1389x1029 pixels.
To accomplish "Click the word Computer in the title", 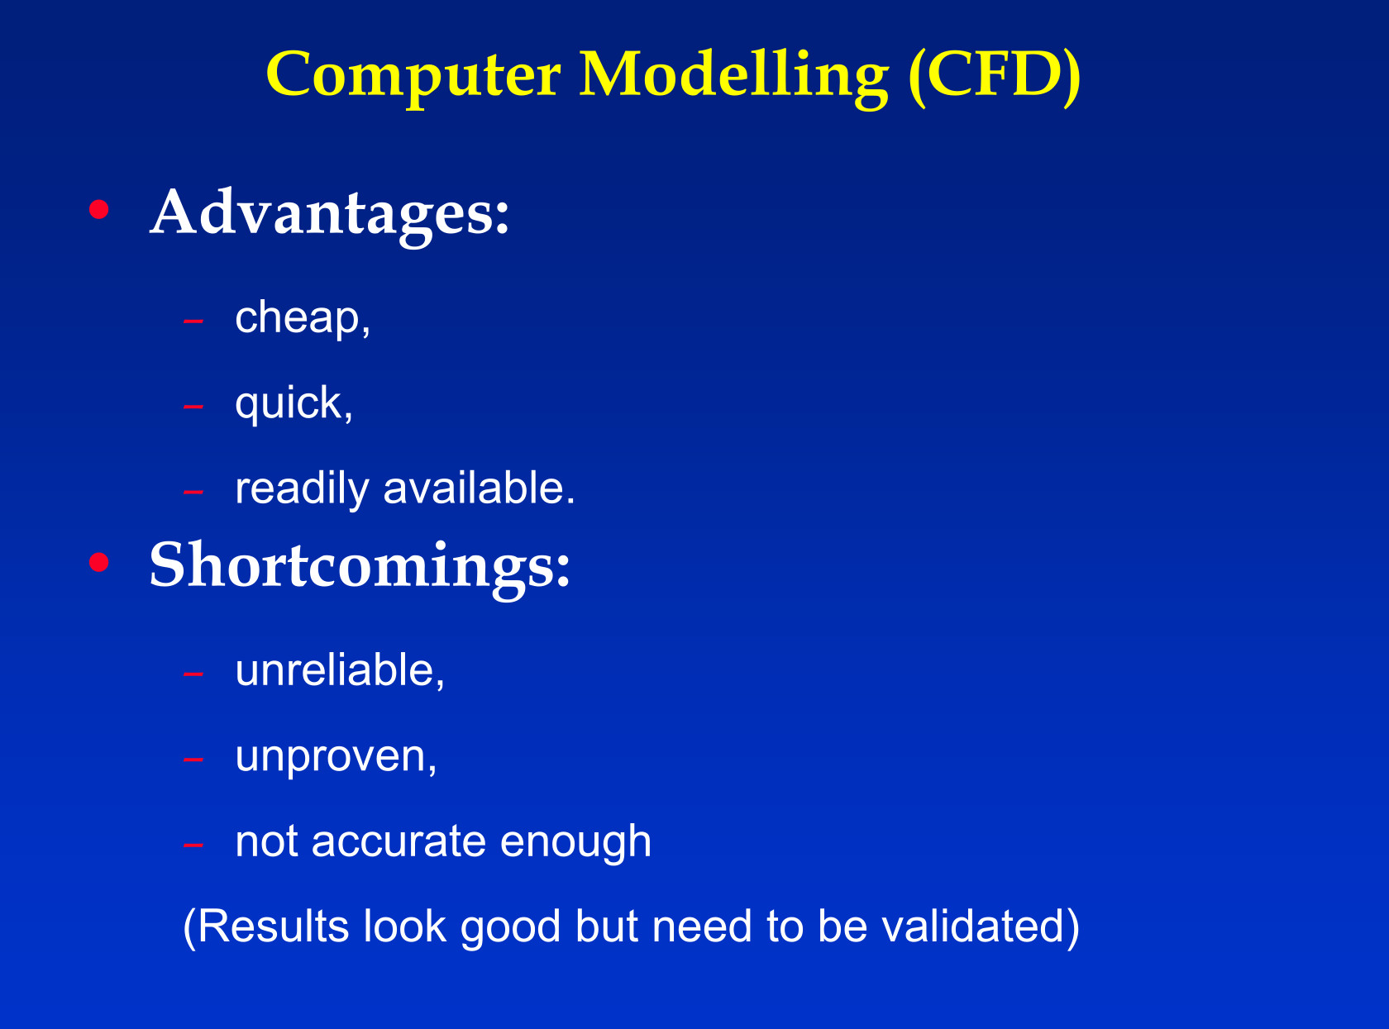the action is tap(413, 77).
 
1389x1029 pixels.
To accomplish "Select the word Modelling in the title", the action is tap(733, 77).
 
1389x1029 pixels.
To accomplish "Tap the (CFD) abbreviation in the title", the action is tap(995, 76).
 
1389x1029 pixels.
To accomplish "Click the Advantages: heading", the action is tap(330, 215).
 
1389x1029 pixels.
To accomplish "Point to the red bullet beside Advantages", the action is tap(99, 209).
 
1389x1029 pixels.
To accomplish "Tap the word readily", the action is tap(302, 488).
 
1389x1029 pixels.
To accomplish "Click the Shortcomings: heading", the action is tap(360, 567).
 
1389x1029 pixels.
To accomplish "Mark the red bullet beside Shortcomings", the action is tap(99, 562).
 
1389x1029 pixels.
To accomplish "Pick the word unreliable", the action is tap(334, 670).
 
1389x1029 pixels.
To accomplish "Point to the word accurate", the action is tap(399, 841).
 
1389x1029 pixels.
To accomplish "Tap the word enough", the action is tap(576, 842).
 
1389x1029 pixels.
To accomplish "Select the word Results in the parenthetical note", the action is tap(274, 927).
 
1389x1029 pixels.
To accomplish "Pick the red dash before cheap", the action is tap(193, 322).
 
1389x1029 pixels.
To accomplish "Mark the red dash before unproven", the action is tap(193, 760).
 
